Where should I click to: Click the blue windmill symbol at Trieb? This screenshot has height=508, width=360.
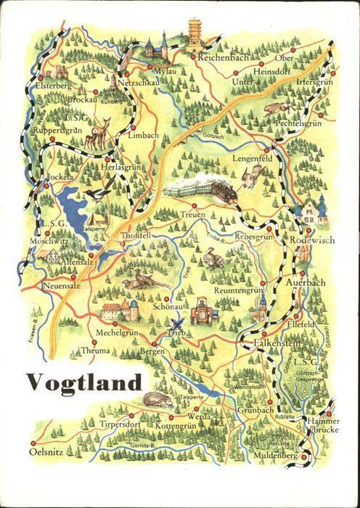click(175, 327)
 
